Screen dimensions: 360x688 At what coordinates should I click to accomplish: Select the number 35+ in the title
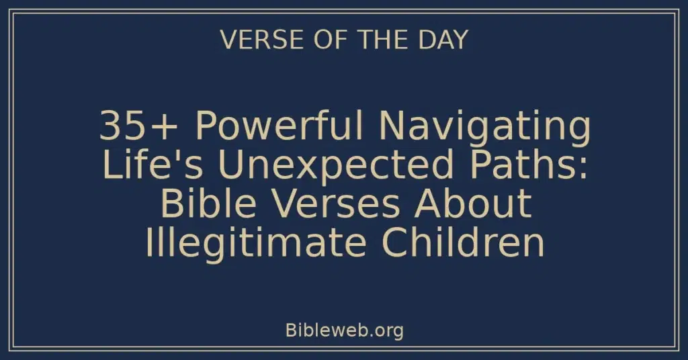coord(132,126)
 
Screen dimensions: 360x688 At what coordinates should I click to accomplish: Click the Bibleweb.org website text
coord(344,330)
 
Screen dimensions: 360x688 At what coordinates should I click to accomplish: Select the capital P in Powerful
coord(203,126)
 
